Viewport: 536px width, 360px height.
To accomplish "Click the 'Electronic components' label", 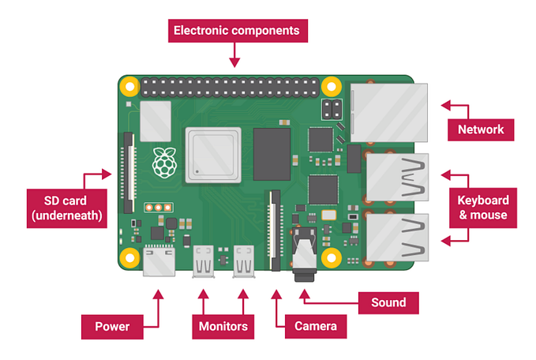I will tap(236, 32).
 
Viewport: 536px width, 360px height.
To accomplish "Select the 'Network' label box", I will tap(481, 129).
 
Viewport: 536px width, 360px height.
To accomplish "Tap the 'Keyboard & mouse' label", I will tap(483, 206).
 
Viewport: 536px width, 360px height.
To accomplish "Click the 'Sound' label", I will tap(388, 302).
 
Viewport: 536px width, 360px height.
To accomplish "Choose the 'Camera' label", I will tap(316, 325).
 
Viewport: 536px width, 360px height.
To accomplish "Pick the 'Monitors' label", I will tap(223, 325).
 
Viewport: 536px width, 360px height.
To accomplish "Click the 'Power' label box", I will tap(111, 325).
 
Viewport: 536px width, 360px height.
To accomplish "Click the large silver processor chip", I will tap(212, 154).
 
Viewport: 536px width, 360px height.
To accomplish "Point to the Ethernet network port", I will tap(388, 108).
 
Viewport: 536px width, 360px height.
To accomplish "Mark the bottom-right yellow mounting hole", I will tap(332, 257).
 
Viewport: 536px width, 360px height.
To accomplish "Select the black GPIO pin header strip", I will tap(231, 84).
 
